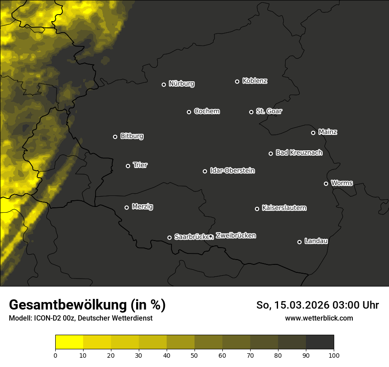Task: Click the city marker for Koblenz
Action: (x=237, y=81)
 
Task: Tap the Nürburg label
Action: (x=181, y=84)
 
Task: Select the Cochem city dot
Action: (x=189, y=112)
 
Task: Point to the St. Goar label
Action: (x=269, y=111)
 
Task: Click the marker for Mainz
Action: (x=313, y=133)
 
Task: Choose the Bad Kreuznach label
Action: (x=299, y=153)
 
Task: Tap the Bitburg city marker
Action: (x=115, y=137)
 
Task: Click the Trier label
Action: (x=140, y=165)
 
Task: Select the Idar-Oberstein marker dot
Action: (x=205, y=171)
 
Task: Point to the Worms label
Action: (x=342, y=183)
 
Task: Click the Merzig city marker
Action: (x=126, y=207)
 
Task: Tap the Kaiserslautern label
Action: (x=284, y=208)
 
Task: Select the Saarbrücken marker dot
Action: (x=169, y=237)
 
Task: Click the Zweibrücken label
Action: (x=236, y=235)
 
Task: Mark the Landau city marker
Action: (x=299, y=242)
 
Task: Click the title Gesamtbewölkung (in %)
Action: (x=87, y=305)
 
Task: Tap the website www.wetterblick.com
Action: (x=319, y=318)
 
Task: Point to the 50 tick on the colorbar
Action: (x=194, y=355)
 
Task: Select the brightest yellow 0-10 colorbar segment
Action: (x=69, y=342)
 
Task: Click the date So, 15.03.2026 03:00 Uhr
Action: (x=317, y=305)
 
